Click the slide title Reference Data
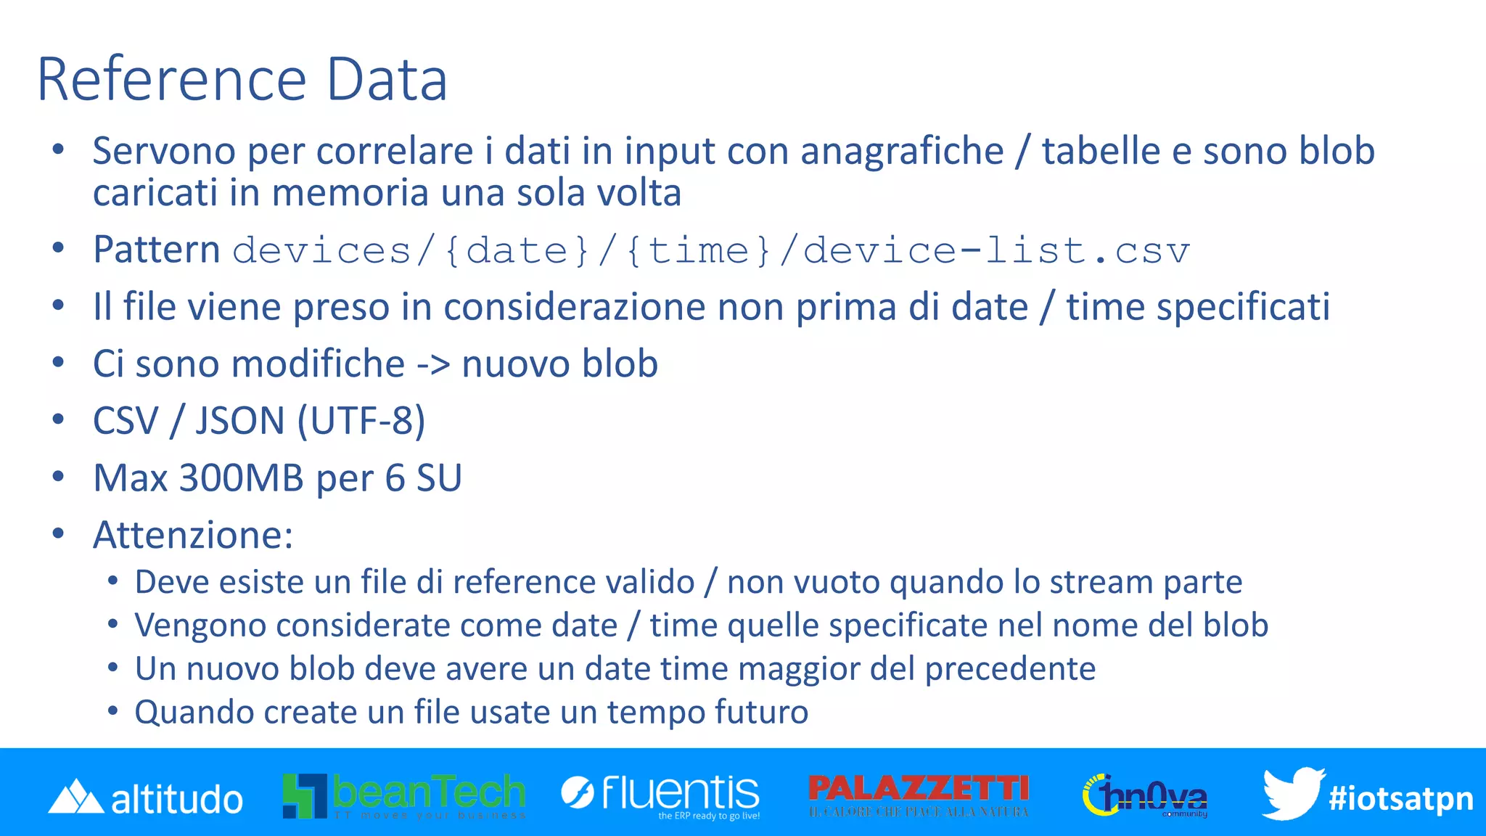click(242, 80)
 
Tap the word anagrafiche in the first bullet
click(902, 152)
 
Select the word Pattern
click(157, 250)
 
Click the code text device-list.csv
click(996, 251)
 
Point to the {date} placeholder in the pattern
click(517, 251)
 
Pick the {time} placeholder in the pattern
click(698, 251)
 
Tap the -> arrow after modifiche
click(433, 364)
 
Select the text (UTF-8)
click(361, 421)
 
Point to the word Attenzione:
click(193, 536)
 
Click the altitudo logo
click(146, 798)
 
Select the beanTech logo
click(404, 795)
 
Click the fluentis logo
click(660, 795)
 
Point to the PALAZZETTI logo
click(919, 795)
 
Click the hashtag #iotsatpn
click(1400, 799)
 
